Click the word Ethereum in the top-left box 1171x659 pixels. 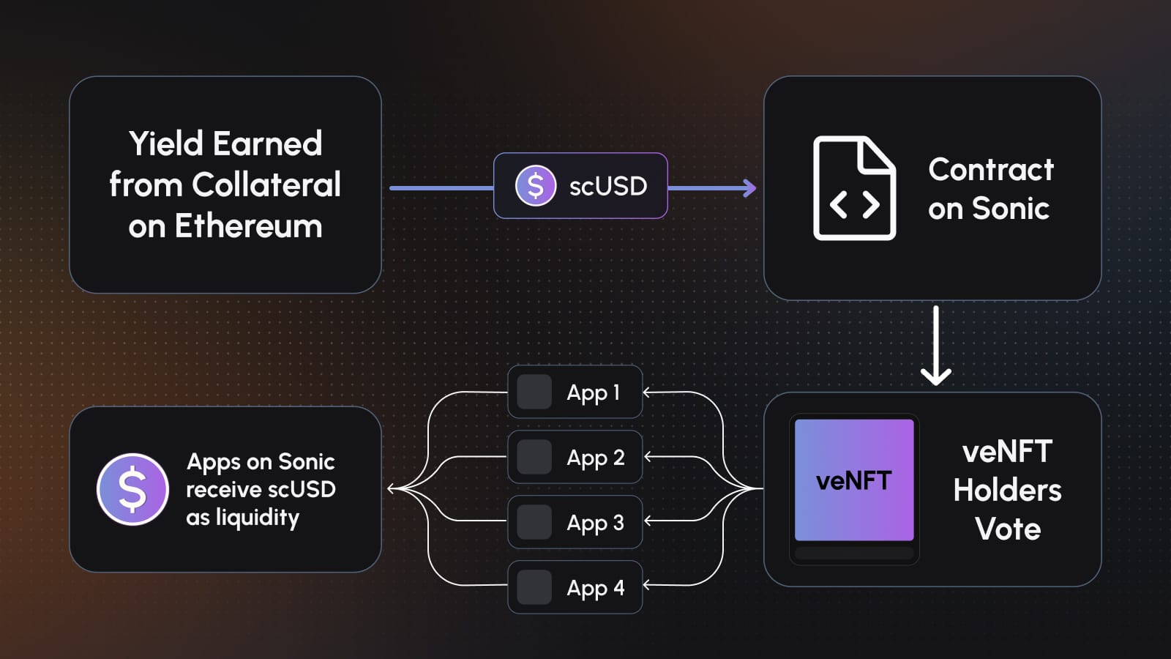(x=248, y=226)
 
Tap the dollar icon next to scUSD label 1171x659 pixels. (x=536, y=186)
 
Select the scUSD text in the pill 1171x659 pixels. (x=608, y=186)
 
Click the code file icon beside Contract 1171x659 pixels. (x=854, y=188)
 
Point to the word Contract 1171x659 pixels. (x=991, y=170)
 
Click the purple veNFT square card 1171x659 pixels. (x=854, y=480)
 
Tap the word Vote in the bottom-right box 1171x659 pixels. (x=1008, y=529)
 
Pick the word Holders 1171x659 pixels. (x=1007, y=490)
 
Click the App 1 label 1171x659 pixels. (x=594, y=392)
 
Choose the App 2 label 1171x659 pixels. (x=595, y=458)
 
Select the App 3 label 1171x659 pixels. (x=595, y=523)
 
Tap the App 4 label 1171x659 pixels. (x=595, y=587)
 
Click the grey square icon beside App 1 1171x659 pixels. (x=534, y=392)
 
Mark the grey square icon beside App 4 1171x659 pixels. (x=534, y=587)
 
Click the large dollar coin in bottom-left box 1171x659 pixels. (x=132, y=489)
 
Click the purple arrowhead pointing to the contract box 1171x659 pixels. (x=749, y=188)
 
